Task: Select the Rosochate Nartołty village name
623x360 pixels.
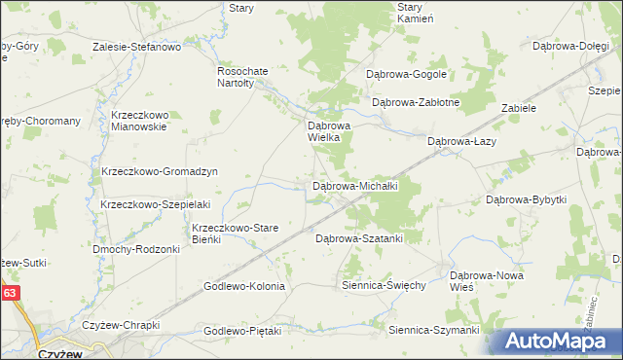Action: pyautogui.click(x=235, y=77)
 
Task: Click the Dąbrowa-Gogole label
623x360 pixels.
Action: pyautogui.click(x=405, y=74)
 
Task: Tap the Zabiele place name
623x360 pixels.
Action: pyautogui.click(x=519, y=109)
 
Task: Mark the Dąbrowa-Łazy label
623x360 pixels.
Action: pyautogui.click(x=462, y=142)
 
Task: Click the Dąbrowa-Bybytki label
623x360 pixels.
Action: pyautogui.click(x=526, y=199)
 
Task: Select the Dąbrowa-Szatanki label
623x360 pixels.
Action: pyautogui.click(x=358, y=237)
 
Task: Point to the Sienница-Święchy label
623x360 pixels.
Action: pyautogui.click(x=384, y=286)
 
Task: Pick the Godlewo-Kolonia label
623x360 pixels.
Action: pyautogui.click(x=243, y=287)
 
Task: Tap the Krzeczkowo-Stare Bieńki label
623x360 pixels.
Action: pyautogui.click(x=235, y=234)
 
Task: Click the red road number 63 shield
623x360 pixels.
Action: pyautogui.click(x=10, y=292)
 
